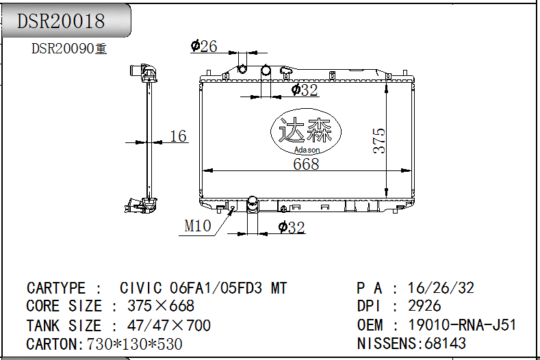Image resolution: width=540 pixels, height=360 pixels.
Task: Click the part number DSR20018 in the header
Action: pos(61,21)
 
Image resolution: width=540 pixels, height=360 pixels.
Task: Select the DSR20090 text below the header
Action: pos(63,49)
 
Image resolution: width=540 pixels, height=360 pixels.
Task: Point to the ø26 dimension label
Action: pos(204,46)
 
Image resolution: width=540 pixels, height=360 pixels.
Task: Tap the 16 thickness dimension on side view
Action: pos(179,136)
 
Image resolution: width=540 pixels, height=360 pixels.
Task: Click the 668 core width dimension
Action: pos(306,164)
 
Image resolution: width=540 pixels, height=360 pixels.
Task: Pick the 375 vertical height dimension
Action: pos(379,140)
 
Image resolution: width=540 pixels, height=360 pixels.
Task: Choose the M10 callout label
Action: pos(198,226)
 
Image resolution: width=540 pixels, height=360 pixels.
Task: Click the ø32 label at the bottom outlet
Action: pos(292,227)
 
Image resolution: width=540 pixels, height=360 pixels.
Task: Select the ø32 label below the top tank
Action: pos(305,90)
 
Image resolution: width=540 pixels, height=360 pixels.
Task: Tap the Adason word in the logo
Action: pos(307,150)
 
